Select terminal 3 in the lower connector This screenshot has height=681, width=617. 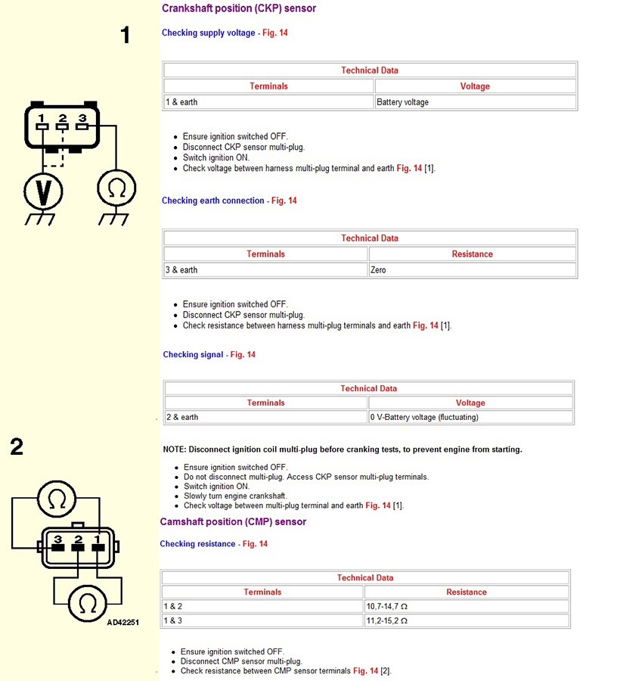[57, 545]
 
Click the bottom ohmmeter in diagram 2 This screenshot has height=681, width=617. [88, 603]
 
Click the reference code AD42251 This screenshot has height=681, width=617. [122, 623]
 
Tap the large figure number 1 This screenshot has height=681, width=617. [126, 35]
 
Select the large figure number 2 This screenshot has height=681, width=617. [17, 447]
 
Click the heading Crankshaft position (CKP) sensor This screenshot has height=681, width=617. [239, 8]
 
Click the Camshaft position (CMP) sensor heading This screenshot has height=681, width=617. [233, 522]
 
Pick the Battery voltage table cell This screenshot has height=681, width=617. [476, 102]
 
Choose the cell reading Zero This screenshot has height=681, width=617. [472, 270]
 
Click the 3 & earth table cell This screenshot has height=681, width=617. [265, 270]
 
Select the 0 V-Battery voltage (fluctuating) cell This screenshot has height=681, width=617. [470, 418]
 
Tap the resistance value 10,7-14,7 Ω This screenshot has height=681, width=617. [466, 607]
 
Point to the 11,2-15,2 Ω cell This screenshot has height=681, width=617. [466, 621]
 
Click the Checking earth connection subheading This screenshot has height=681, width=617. [213, 201]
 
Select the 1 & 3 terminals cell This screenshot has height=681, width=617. [262, 621]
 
